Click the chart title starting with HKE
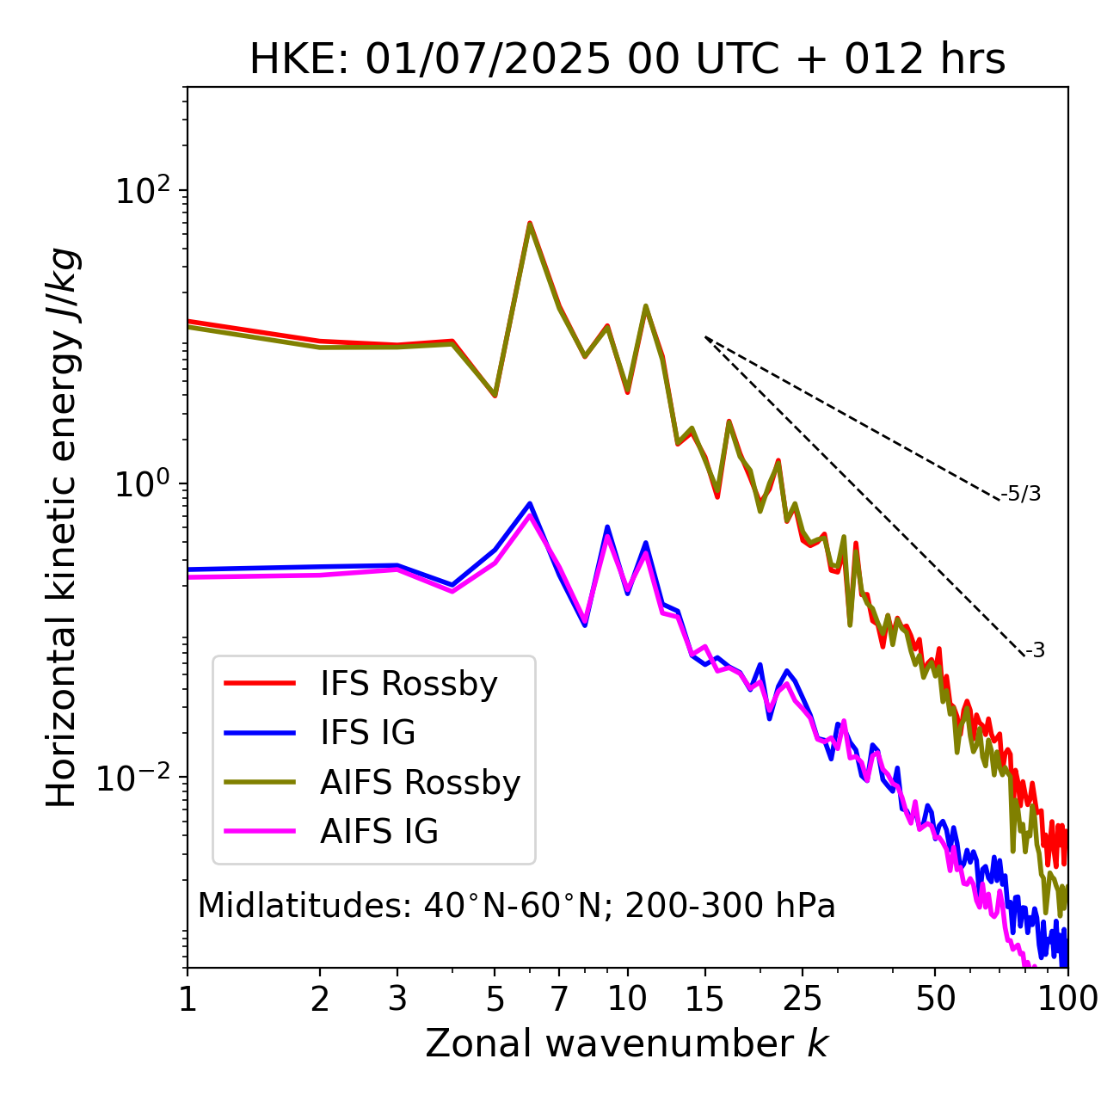pyautogui.click(x=627, y=59)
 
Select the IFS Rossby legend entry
pyautogui.click(x=409, y=684)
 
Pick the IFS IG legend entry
pyautogui.click(x=367, y=733)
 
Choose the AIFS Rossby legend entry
pyautogui.click(x=420, y=783)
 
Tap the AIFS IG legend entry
pyautogui.click(x=378, y=832)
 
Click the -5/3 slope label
pyautogui.click(x=1021, y=494)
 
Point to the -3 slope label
pyautogui.click(x=1035, y=650)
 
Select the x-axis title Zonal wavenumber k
pyautogui.click(x=627, y=1043)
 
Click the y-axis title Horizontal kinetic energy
pyautogui.click(x=63, y=527)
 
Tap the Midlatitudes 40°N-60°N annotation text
pyautogui.click(x=516, y=906)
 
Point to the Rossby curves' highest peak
pyautogui.click(x=530, y=223)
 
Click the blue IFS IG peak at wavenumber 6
pyautogui.click(x=530, y=504)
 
